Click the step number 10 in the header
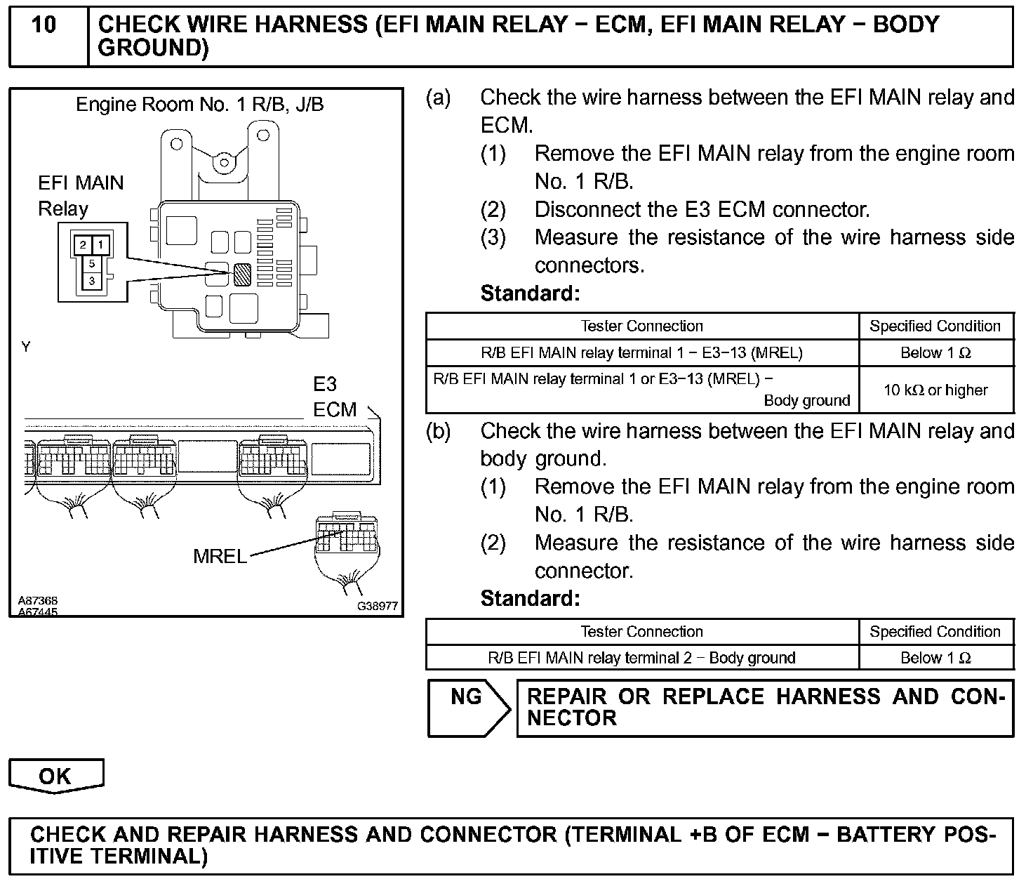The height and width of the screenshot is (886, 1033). [44, 25]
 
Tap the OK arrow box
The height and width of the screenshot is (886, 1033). [55, 775]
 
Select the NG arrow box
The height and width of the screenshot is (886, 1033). [467, 707]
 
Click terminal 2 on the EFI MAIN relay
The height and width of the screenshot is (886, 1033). [83, 245]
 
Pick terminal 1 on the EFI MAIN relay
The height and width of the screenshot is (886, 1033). [100, 245]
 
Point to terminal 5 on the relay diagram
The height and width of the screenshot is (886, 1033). [92, 264]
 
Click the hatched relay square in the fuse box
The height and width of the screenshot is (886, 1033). [242, 273]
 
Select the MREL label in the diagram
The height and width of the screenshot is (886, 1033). [220, 557]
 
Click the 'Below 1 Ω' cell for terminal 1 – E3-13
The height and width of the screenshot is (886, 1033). [935, 353]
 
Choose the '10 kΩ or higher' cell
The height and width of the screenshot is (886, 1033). [935, 390]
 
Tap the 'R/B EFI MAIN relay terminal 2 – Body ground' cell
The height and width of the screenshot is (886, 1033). [641, 658]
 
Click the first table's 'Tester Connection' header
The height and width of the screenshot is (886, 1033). [641, 326]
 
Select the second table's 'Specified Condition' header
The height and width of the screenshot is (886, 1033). [935, 631]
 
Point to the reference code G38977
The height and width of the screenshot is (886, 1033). [378, 606]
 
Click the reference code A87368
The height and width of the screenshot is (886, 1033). [38, 601]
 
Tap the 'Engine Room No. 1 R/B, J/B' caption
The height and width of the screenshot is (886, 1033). [200, 105]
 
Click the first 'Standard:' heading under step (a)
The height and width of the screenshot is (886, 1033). [531, 293]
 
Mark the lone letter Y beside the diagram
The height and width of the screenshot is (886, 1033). [26, 347]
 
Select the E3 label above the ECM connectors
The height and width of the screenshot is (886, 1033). [325, 385]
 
